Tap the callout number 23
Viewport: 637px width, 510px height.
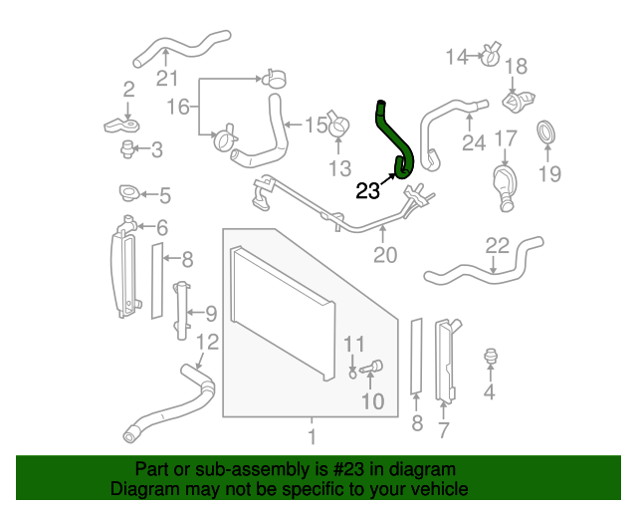coord(367,190)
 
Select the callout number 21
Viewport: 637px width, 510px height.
coord(166,80)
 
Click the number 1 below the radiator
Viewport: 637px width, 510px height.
coord(312,435)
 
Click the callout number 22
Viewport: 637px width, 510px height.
coord(497,245)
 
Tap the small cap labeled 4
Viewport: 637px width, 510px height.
coord(489,357)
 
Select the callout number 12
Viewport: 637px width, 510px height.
coord(206,343)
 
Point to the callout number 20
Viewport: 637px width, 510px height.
coord(385,255)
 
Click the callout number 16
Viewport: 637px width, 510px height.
coord(176,106)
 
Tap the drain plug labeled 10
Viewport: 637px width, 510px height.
coord(373,368)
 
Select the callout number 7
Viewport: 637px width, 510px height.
coord(444,429)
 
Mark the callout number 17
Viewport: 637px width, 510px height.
coord(506,138)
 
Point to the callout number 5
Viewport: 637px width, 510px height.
coord(164,195)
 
